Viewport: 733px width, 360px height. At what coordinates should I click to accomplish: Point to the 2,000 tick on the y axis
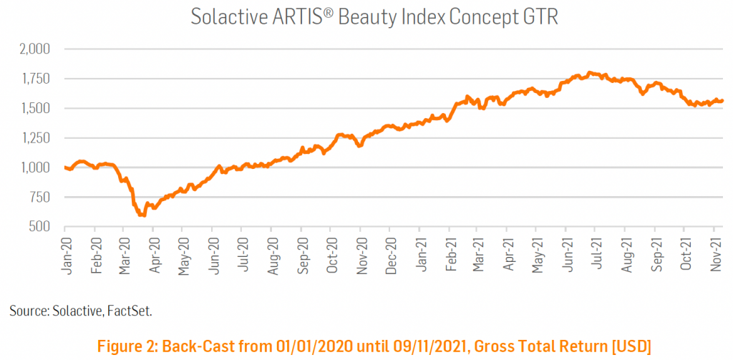(x=31, y=49)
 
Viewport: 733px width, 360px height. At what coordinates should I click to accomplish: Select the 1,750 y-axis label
(x=32, y=79)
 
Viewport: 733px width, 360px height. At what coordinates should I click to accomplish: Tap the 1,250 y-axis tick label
(x=32, y=138)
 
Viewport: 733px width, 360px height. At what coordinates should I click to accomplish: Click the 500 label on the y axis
(x=37, y=227)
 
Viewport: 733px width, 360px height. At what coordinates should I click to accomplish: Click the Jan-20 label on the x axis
(x=67, y=254)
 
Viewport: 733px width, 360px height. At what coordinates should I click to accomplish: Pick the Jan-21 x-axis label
(x=422, y=254)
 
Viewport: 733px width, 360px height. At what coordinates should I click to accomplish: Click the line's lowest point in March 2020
(x=142, y=214)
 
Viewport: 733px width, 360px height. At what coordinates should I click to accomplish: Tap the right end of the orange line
(x=722, y=101)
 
